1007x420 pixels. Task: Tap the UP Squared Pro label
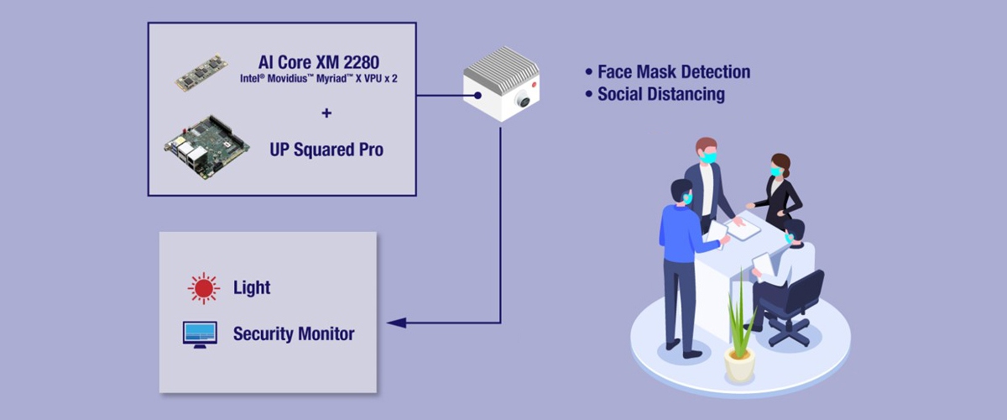pos(326,150)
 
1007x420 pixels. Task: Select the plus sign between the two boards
pos(326,113)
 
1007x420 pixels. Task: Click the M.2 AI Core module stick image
pos(201,72)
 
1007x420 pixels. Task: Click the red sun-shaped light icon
pos(202,288)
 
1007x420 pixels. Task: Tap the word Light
pos(252,288)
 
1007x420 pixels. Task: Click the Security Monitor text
pos(294,333)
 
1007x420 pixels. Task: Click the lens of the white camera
pos(524,100)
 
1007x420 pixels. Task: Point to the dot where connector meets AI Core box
pos(477,96)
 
